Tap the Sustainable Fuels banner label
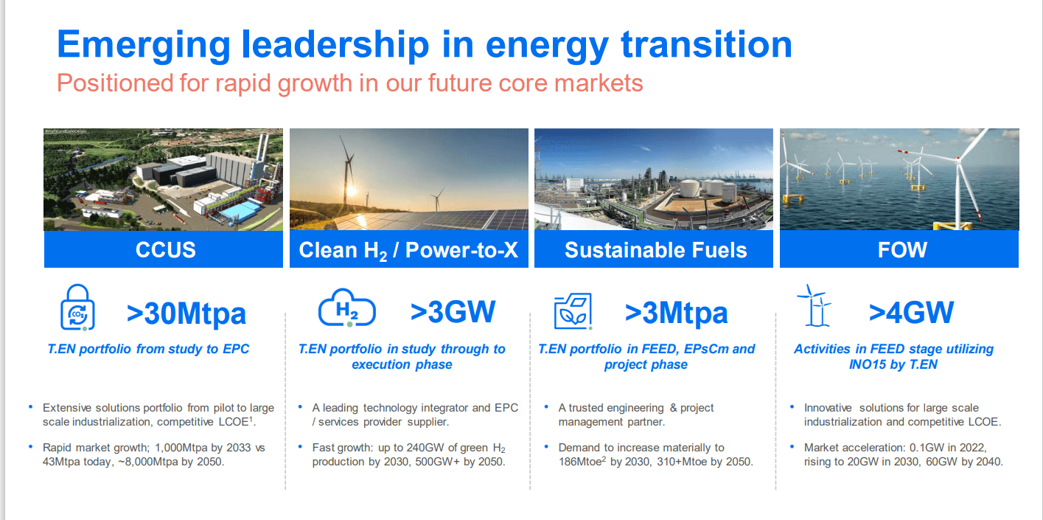[655, 250]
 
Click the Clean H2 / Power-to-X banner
[408, 250]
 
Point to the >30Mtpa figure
[186, 313]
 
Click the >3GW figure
[453, 312]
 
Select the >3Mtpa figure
[676, 313]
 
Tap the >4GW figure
[911, 313]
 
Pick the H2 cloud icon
[346, 311]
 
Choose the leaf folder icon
[573, 311]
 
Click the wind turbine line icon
[814, 305]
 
